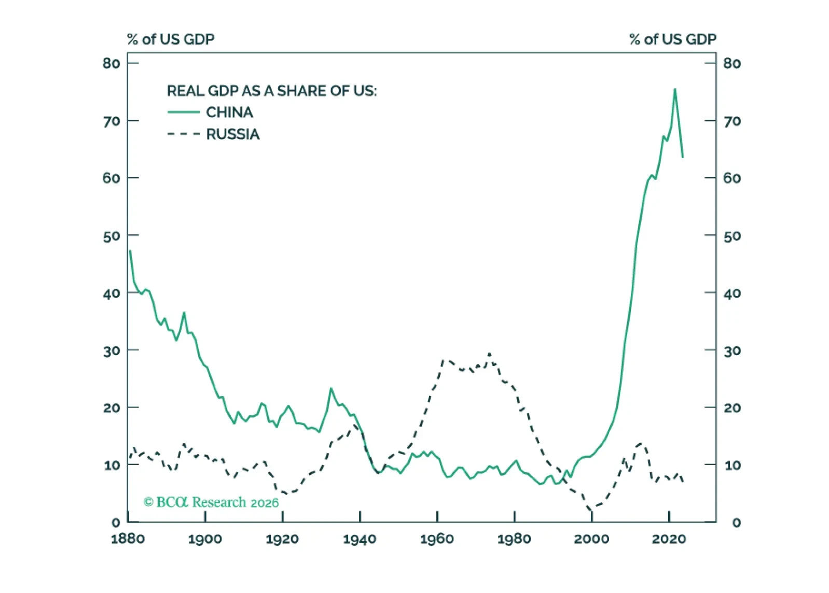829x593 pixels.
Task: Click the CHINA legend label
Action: pos(229,112)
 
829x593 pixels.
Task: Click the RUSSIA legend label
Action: pos(232,134)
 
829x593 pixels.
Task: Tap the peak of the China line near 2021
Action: pos(675,89)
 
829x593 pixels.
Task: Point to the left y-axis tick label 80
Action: pos(111,63)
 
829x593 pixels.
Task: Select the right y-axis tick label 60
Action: pos(732,178)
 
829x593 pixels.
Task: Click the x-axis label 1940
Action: pos(360,539)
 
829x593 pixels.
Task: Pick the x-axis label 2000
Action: pos(591,539)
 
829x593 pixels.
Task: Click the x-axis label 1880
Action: pos(128,539)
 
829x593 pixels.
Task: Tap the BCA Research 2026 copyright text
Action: pos(211,502)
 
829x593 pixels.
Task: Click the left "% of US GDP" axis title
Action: pos(171,39)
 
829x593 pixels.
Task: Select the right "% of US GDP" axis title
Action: pos(672,39)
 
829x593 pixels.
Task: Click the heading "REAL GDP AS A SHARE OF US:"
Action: pos(272,91)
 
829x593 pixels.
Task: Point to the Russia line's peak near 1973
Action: pos(489,354)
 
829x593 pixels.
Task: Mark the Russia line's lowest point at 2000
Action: pos(591,510)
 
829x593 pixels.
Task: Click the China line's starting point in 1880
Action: pos(130,251)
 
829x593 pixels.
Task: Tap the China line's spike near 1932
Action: pos(330,388)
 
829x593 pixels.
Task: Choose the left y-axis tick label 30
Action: pos(111,351)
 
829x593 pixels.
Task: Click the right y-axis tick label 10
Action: pos(732,465)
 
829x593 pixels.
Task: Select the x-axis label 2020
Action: pos(669,539)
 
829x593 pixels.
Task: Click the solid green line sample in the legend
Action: pos(183,112)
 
